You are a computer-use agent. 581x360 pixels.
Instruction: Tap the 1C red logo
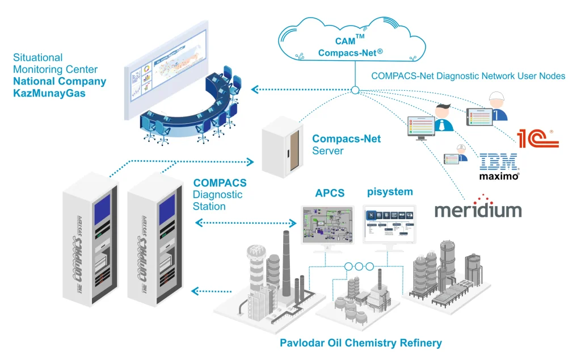538,139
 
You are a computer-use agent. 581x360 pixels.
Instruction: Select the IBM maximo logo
499,166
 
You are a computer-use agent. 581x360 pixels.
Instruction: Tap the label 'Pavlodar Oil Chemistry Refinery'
360,343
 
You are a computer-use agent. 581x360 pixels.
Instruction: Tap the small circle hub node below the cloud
355,90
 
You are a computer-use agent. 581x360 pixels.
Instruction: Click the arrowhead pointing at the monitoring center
255,89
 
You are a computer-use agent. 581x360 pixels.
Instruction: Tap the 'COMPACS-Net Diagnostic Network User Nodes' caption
468,76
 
